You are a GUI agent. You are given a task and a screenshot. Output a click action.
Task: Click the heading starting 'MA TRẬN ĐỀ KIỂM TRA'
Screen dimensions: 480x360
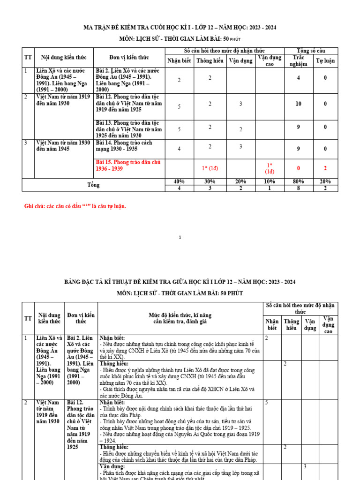click(180, 27)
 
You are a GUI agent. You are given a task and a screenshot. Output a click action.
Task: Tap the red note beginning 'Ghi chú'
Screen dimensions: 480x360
click(75, 206)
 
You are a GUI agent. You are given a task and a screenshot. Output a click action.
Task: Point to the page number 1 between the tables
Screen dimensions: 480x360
click(180, 238)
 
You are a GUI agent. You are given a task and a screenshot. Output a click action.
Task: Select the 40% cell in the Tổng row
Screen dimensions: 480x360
click(179, 181)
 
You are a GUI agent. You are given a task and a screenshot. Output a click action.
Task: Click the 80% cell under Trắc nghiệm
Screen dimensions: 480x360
click(298, 181)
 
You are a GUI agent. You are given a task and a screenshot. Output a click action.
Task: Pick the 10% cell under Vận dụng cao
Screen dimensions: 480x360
click(269, 181)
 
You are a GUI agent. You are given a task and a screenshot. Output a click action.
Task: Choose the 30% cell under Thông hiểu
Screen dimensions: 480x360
click(210, 181)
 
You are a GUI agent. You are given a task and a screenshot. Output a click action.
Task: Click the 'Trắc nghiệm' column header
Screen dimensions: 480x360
click(298, 61)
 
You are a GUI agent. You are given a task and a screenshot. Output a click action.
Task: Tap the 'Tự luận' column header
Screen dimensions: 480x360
click(325, 61)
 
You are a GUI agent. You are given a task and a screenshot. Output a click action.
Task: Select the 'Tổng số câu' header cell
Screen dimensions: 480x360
click(311, 51)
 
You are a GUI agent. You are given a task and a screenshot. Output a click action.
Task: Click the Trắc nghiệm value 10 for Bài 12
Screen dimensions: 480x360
click(298, 104)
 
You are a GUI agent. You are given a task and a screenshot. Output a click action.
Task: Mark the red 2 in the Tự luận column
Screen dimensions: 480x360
click(325, 168)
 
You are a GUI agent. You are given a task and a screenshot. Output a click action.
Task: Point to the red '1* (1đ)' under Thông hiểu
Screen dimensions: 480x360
click(210, 168)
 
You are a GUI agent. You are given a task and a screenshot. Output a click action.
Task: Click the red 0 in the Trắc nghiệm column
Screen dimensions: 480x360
click(298, 168)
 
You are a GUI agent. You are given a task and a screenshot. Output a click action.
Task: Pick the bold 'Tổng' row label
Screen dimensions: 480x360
click(93, 185)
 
